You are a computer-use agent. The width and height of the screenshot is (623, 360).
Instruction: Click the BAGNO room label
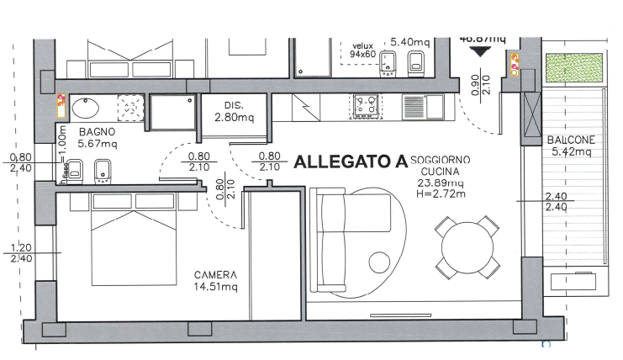(97, 133)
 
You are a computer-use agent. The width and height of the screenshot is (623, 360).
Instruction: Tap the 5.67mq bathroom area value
(97, 144)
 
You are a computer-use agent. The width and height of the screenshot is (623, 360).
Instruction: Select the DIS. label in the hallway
(234, 105)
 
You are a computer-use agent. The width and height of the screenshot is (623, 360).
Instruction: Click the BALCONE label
(571, 140)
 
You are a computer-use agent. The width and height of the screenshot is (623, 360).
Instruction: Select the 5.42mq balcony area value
(571, 152)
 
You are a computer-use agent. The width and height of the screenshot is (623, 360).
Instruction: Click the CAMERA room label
(215, 275)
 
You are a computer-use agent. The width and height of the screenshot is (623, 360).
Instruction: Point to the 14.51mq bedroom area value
(215, 287)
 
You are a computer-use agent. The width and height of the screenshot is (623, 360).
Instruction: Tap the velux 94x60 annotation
(362, 52)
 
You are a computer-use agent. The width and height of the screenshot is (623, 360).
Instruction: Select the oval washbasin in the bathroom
(85, 108)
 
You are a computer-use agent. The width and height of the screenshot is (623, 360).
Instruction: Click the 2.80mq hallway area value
(234, 117)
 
